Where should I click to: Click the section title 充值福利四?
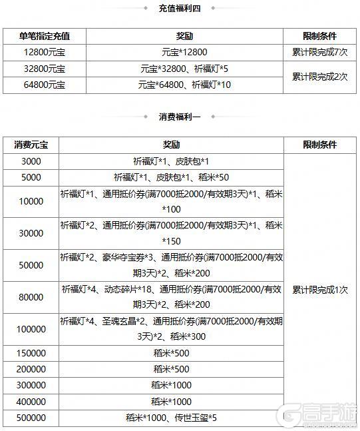pos(180,9)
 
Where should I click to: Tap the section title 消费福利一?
pos(180,117)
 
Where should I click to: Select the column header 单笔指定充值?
pos(45,35)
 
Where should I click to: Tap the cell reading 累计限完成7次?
pos(320,51)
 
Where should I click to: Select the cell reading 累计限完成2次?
pos(320,76)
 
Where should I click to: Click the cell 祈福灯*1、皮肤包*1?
pos(171,161)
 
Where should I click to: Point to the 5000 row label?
pos(31,177)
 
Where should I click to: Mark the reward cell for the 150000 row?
pos(171,352)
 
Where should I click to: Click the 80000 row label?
pos(31,297)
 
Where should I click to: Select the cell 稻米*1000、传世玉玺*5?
pos(171,418)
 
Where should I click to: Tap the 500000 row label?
pos(31,418)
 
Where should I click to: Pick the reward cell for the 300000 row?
pos(171,385)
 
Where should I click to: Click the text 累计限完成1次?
pos(320,290)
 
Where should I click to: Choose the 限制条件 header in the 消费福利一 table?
pos(320,145)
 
